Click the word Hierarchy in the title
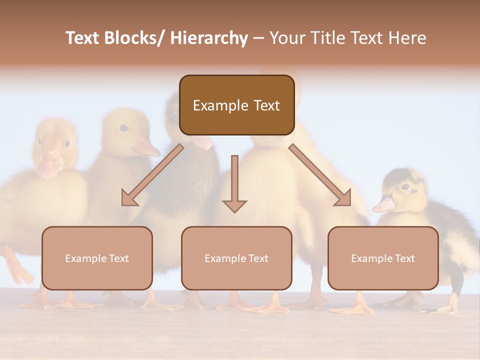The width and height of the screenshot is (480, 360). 209,38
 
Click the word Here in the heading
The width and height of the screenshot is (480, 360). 406,38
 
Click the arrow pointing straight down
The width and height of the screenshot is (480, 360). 234,185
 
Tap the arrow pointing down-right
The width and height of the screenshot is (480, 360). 320,175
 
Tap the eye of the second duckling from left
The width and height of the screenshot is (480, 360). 123,128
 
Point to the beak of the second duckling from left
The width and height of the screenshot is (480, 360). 146,147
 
